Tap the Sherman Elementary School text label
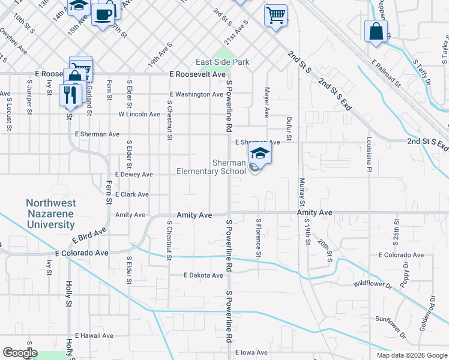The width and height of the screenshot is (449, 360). [211, 167]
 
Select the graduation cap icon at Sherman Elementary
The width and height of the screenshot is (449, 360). [259, 153]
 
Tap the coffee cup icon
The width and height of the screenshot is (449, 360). [103, 16]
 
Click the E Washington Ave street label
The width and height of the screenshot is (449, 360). [196, 94]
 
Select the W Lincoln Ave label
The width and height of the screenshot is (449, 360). [139, 114]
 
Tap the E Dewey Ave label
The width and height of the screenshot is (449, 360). [132, 175]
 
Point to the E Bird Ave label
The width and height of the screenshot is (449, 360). [89, 236]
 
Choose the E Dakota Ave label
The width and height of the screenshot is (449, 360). [203, 275]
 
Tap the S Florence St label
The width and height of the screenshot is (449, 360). [259, 238]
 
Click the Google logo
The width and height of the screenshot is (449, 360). [20, 353]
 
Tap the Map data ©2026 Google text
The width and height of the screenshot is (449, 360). [411, 355]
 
